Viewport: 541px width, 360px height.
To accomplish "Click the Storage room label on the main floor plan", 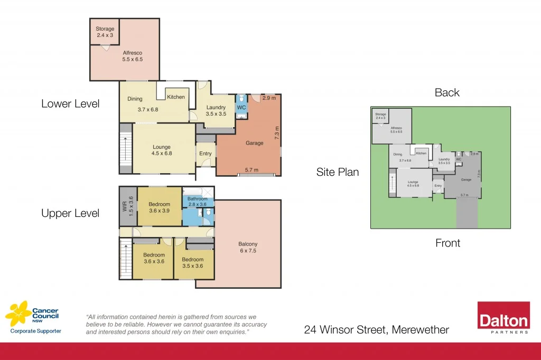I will (105, 32).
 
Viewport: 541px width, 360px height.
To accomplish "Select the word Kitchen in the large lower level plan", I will (176, 97).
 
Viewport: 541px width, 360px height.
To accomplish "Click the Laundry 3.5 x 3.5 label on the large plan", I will (216, 111).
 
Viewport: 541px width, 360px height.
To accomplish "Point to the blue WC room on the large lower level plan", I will (241, 108).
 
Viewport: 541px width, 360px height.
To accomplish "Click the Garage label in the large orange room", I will (255, 143).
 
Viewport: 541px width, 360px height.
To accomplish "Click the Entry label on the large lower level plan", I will (206, 154).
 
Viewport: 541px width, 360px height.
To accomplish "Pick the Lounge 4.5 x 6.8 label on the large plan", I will (162, 150).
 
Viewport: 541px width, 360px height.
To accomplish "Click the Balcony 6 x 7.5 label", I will (248, 247).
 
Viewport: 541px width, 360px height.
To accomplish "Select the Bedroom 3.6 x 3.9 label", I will (159, 207).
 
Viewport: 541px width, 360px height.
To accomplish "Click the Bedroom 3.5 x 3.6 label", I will (193, 262).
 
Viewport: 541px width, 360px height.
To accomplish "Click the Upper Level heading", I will (70, 214).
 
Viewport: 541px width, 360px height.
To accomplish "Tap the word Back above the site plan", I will (447, 93).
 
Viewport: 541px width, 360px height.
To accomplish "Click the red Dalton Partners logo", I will (503, 318).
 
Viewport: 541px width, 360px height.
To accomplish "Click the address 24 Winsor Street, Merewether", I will (376, 330).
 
